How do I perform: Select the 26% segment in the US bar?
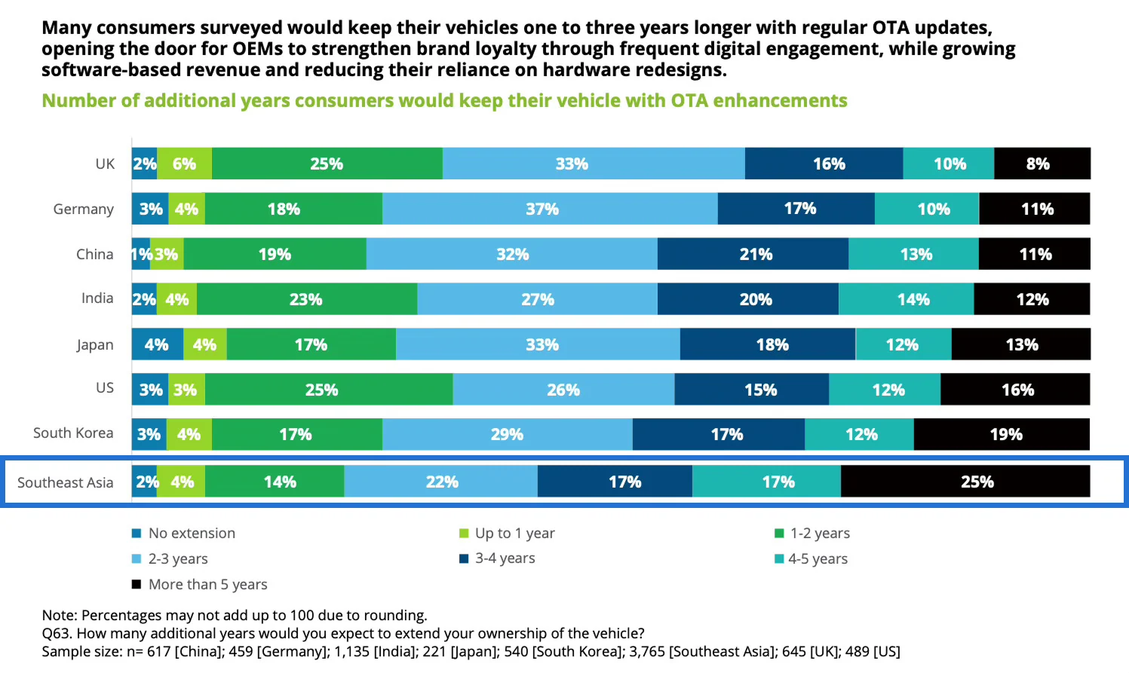coord(563,390)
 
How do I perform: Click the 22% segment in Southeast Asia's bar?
coord(441,482)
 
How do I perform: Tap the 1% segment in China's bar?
coord(140,254)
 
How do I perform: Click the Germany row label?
coord(83,209)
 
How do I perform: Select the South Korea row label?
coord(73,433)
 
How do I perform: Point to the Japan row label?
coord(94,344)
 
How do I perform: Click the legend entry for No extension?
coord(192,534)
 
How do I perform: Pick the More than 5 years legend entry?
coord(207,585)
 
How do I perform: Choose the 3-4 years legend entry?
coord(505,558)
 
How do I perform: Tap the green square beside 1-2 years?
coord(780,534)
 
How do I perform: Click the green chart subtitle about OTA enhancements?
coord(444,101)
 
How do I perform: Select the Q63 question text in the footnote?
coord(343,633)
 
